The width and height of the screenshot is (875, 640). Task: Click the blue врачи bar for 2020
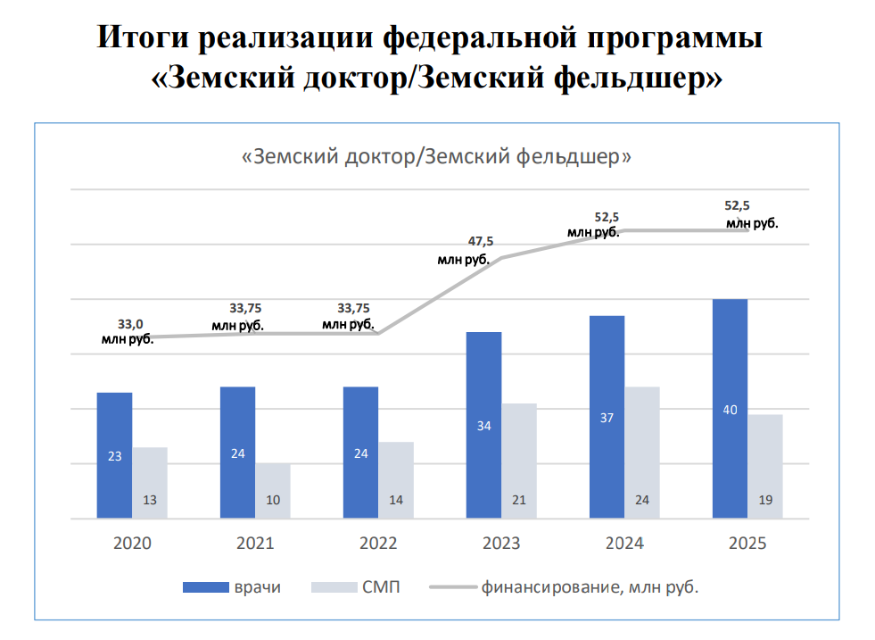(x=114, y=455)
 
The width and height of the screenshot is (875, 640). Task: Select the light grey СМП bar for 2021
(x=273, y=490)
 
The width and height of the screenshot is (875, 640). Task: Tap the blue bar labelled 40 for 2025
(x=730, y=408)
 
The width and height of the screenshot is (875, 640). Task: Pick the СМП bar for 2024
(x=642, y=453)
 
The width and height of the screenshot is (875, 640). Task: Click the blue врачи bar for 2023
(x=483, y=425)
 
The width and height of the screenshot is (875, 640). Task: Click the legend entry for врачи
(x=232, y=587)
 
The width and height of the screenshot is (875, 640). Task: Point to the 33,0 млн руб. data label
(x=128, y=331)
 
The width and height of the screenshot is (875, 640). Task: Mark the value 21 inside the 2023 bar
(x=518, y=500)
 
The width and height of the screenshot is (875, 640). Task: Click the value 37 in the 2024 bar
(x=607, y=418)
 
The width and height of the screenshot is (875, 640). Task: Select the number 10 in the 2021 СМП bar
(x=273, y=500)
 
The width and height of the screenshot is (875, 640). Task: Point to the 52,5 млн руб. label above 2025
(x=747, y=215)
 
